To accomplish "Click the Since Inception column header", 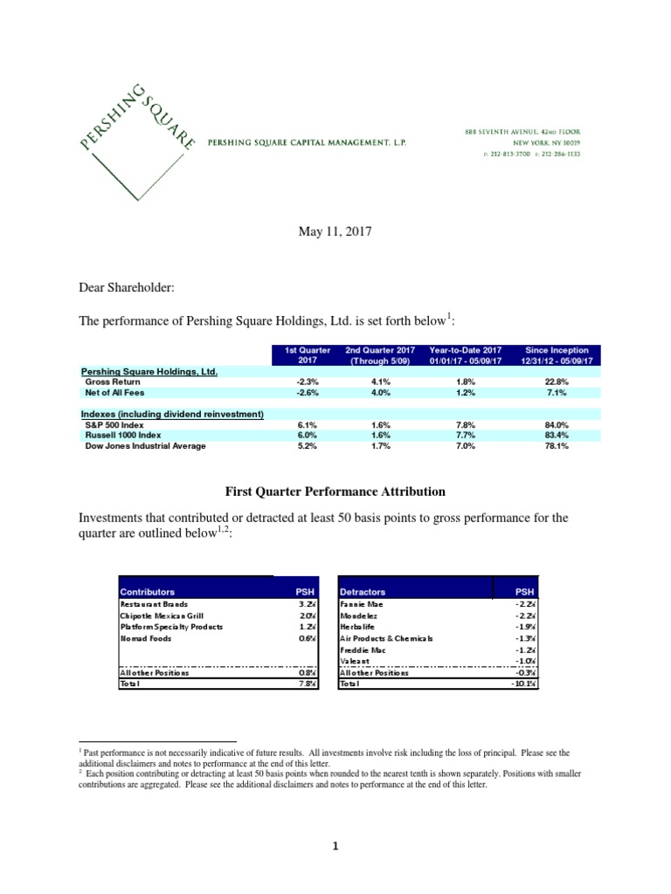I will [557, 355].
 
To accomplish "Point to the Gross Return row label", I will [114, 382].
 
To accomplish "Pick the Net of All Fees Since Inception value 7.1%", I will [557, 392].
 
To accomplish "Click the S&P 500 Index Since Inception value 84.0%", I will [557, 423].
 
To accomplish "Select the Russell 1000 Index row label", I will [123, 434].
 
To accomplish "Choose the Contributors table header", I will [147, 591].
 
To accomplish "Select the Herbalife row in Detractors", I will [358, 626].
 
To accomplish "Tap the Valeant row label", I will [355, 661].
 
